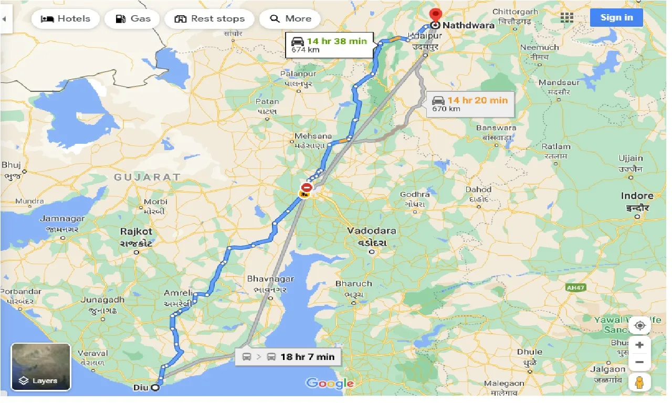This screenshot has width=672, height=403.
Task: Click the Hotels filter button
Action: pyautogui.click(x=65, y=19)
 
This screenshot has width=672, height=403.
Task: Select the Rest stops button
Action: pyautogui.click(x=209, y=19)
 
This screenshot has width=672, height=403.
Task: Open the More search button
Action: pyautogui.click(x=290, y=19)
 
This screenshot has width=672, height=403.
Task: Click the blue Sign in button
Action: pyautogui.click(x=616, y=17)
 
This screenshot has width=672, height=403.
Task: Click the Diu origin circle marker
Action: pyautogui.click(x=155, y=388)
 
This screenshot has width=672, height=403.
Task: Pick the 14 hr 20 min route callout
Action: pyautogui.click(x=470, y=104)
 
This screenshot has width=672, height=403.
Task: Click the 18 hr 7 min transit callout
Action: pyautogui.click(x=288, y=357)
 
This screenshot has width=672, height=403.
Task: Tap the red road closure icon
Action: pyautogui.click(x=306, y=188)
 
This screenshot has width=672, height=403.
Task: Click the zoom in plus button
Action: pyautogui.click(x=639, y=345)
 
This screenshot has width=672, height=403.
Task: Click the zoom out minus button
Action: pyautogui.click(x=639, y=362)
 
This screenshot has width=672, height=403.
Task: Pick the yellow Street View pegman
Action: pyautogui.click(x=639, y=383)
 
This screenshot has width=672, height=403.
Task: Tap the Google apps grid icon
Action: pyautogui.click(x=567, y=18)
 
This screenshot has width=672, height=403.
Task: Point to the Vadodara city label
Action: pyautogui.click(x=372, y=231)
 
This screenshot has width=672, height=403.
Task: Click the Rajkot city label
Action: pyautogui.click(x=136, y=231)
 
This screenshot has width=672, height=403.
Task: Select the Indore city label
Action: pyautogui.click(x=637, y=196)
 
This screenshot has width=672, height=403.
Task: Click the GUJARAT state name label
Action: pyautogui.click(x=148, y=177)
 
